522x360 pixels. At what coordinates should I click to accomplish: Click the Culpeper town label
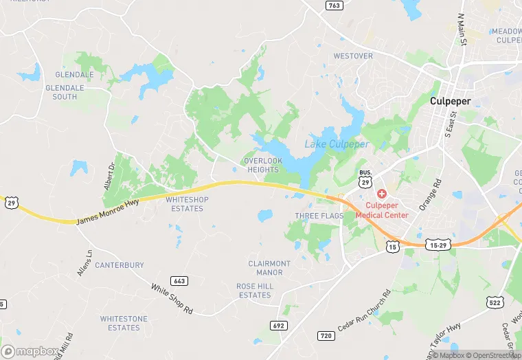coord(450,101)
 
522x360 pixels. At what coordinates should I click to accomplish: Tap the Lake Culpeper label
coord(337,144)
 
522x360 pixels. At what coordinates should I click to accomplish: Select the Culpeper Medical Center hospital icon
coord(382,195)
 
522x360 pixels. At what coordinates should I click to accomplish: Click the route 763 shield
coord(334,5)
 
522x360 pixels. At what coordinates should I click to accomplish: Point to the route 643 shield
coord(179,281)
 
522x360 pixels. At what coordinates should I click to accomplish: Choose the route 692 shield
coord(278,325)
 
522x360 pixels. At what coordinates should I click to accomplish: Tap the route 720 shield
coord(326,335)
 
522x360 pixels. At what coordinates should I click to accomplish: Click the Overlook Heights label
coord(262,165)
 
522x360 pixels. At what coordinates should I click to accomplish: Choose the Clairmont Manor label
coord(269,268)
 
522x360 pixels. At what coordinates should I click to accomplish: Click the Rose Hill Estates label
coord(254,291)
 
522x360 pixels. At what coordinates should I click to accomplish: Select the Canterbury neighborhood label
coord(120,265)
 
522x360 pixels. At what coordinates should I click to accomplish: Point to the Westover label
coord(353,56)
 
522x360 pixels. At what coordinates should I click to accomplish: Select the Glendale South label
coord(70,92)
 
